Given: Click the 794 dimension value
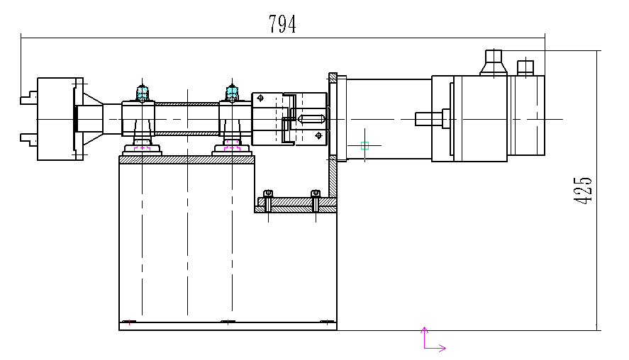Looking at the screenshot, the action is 282,24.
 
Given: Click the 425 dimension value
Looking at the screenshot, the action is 583,191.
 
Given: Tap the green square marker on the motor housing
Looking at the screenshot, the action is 364,146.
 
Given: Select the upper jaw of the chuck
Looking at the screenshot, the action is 29,98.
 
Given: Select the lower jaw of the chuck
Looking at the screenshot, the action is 29,140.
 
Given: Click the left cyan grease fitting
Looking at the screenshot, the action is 143,93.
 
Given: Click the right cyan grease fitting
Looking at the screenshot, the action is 233,93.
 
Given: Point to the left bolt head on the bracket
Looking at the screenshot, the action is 268,194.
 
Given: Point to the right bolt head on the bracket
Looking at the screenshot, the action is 316,194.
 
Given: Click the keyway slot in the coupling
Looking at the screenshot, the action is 311,119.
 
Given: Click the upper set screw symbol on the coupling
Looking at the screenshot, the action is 260,98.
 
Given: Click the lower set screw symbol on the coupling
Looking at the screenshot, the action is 318,136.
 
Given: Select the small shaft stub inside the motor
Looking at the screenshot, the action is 428,119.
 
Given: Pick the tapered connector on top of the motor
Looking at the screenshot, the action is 494,62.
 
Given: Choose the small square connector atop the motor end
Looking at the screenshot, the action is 525,67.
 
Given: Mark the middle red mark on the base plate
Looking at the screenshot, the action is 228,322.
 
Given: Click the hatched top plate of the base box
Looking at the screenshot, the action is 187,160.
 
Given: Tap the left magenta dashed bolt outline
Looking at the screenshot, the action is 143,145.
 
